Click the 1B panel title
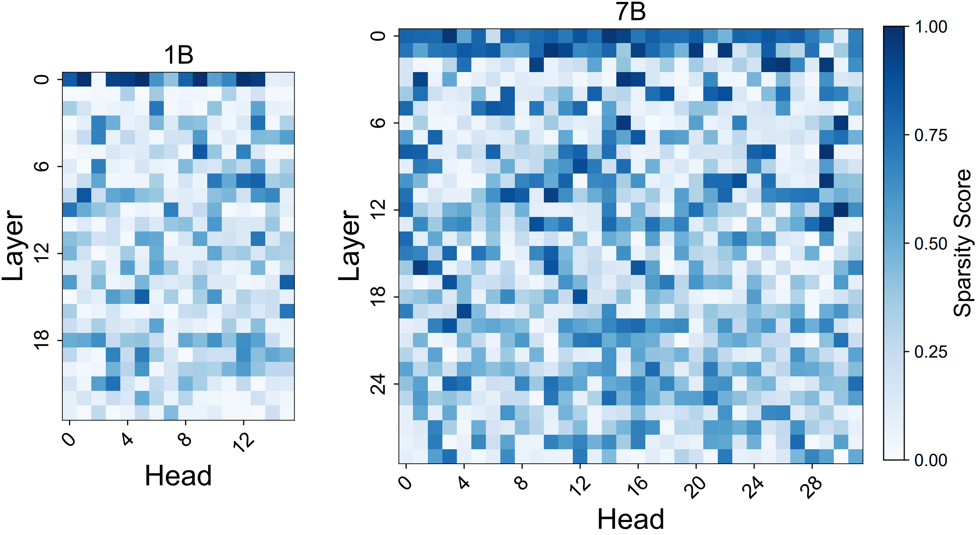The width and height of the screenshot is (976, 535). tap(179, 55)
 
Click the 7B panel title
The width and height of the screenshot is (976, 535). tap(630, 12)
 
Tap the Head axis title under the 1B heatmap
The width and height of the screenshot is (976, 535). tap(178, 476)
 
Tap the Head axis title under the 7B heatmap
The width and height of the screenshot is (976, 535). tap(630, 519)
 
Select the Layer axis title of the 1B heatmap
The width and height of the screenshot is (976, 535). tap(13, 246)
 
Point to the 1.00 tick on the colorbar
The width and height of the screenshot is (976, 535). tap(931, 27)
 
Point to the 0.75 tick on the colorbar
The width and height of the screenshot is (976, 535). tap(931, 136)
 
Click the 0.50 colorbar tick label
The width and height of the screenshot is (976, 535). tap(931, 244)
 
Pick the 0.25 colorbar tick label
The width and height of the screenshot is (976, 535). tap(931, 352)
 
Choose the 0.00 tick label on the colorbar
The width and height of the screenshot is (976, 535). tap(931, 460)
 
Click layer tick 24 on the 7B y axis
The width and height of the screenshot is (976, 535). tap(378, 384)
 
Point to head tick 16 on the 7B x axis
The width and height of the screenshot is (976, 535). tap(638, 487)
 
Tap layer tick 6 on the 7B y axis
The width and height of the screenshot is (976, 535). tap(378, 123)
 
